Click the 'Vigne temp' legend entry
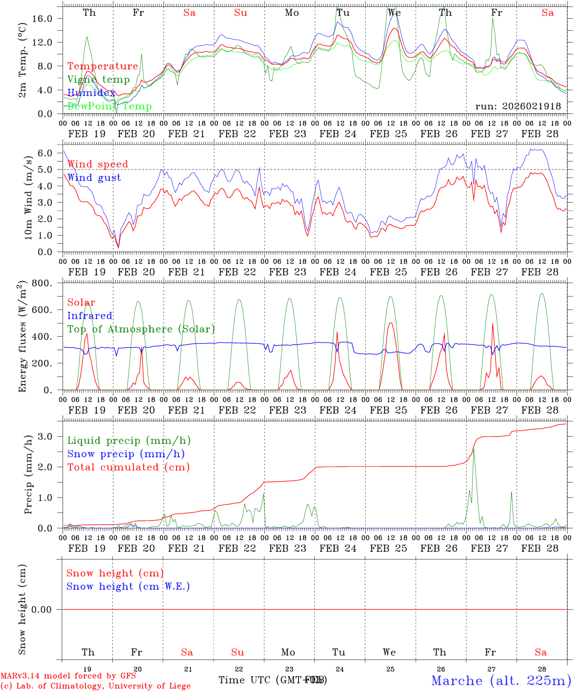coord(98,80)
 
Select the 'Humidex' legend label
coord(91,93)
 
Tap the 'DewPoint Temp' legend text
coord(109,107)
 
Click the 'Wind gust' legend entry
coord(94,178)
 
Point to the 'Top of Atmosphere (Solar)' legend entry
coord(141,329)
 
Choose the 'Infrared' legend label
coord(90,316)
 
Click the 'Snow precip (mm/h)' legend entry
coord(126,454)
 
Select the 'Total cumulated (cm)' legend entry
coord(128,467)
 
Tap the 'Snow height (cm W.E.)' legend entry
coord(128,586)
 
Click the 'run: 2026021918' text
coord(518,107)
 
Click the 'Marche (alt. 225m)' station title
coord(501,680)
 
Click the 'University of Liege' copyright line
coord(96,686)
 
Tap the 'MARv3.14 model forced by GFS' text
coord(68,676)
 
